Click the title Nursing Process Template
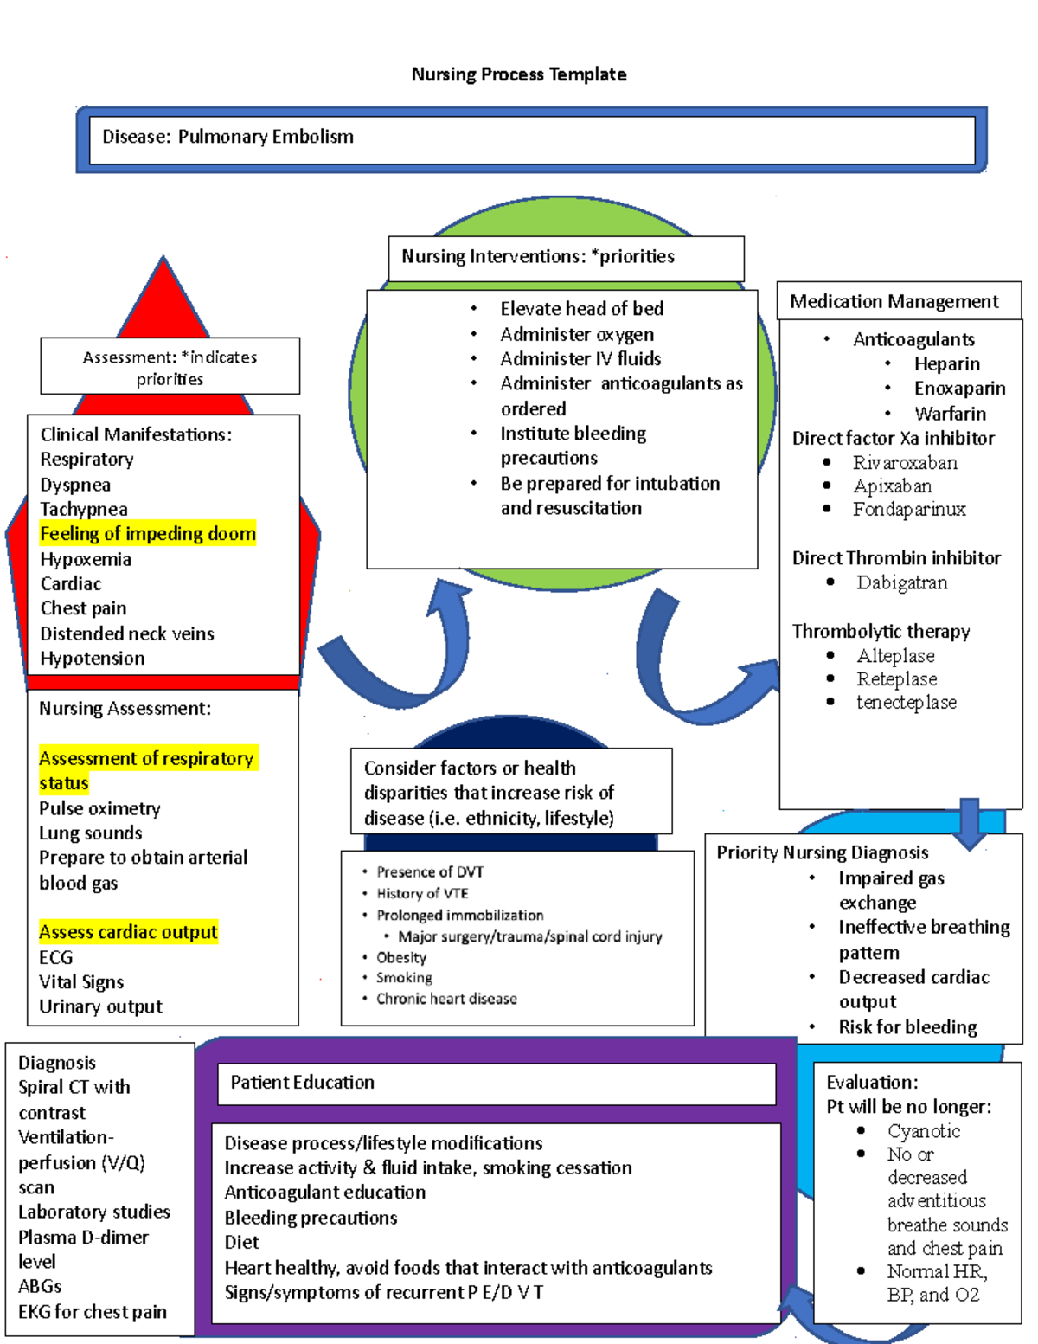coord(519,74)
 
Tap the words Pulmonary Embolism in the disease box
coord(266,137)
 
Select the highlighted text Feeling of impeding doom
coord(148,534)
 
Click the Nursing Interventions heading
coord(537,256)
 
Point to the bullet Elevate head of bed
coord(581,309)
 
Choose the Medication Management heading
coord(894,301)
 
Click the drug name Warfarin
coord(950,414)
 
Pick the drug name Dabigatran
coord(901,582)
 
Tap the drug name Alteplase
coord(895,656)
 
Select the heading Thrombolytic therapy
coord(881,631)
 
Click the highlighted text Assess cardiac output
coord(128,932)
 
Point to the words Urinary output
coord(100,1006)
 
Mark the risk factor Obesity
coord(401,957)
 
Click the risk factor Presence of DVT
coord(430,871)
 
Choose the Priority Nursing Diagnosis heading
coord(822,852)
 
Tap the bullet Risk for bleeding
coord(907,1027)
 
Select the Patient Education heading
coord(302,1082)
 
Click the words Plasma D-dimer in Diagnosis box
coord(83,1238)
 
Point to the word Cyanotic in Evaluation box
coord(923,1131)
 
